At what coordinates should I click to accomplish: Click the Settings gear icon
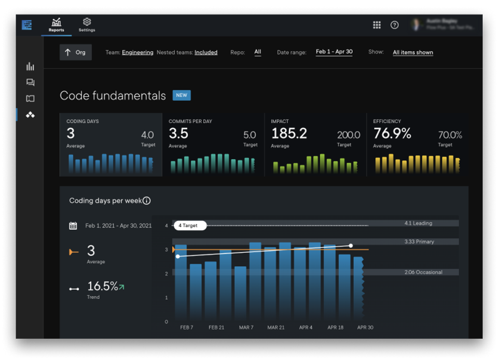87,22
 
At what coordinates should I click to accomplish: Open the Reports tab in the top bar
56,24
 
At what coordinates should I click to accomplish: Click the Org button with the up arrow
76,52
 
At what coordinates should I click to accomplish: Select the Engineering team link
137,52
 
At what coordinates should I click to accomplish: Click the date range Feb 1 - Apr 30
334,52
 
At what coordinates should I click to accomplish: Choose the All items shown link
412,52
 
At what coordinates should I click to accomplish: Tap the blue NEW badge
182,95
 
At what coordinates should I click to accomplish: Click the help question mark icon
394,25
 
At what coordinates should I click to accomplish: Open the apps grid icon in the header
377,25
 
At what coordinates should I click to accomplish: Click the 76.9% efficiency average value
392,134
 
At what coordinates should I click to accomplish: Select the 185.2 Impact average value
289,134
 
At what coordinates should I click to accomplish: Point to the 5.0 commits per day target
250,135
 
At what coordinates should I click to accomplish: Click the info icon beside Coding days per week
147,201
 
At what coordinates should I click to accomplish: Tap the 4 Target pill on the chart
190,226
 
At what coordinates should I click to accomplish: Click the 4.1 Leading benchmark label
418,224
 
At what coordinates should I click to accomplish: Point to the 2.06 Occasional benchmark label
423,272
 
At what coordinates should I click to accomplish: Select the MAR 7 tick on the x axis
246,328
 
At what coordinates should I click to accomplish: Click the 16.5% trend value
103,286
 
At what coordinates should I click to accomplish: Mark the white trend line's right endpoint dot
351,245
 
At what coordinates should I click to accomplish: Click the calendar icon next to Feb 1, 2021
73,226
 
